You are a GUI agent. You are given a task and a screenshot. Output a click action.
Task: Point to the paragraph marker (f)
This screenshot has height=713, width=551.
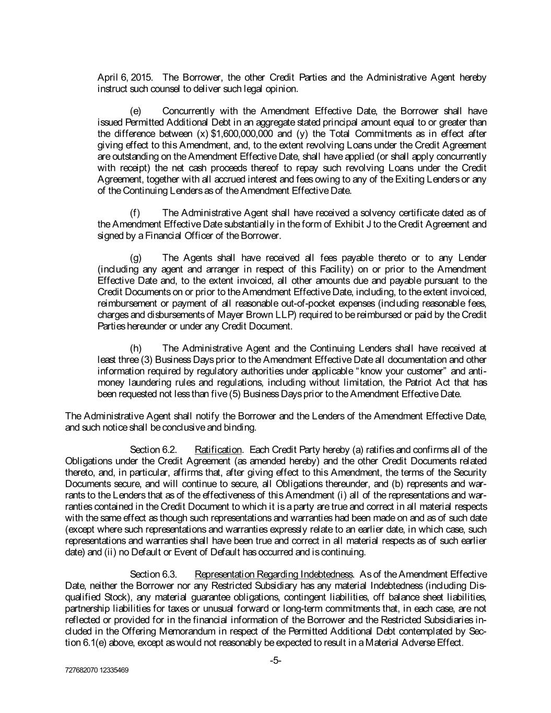point(134,213)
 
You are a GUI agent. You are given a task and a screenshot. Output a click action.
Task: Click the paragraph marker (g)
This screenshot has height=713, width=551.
point(135,258)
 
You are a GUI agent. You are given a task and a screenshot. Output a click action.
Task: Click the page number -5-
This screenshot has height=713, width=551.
point(276,661)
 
